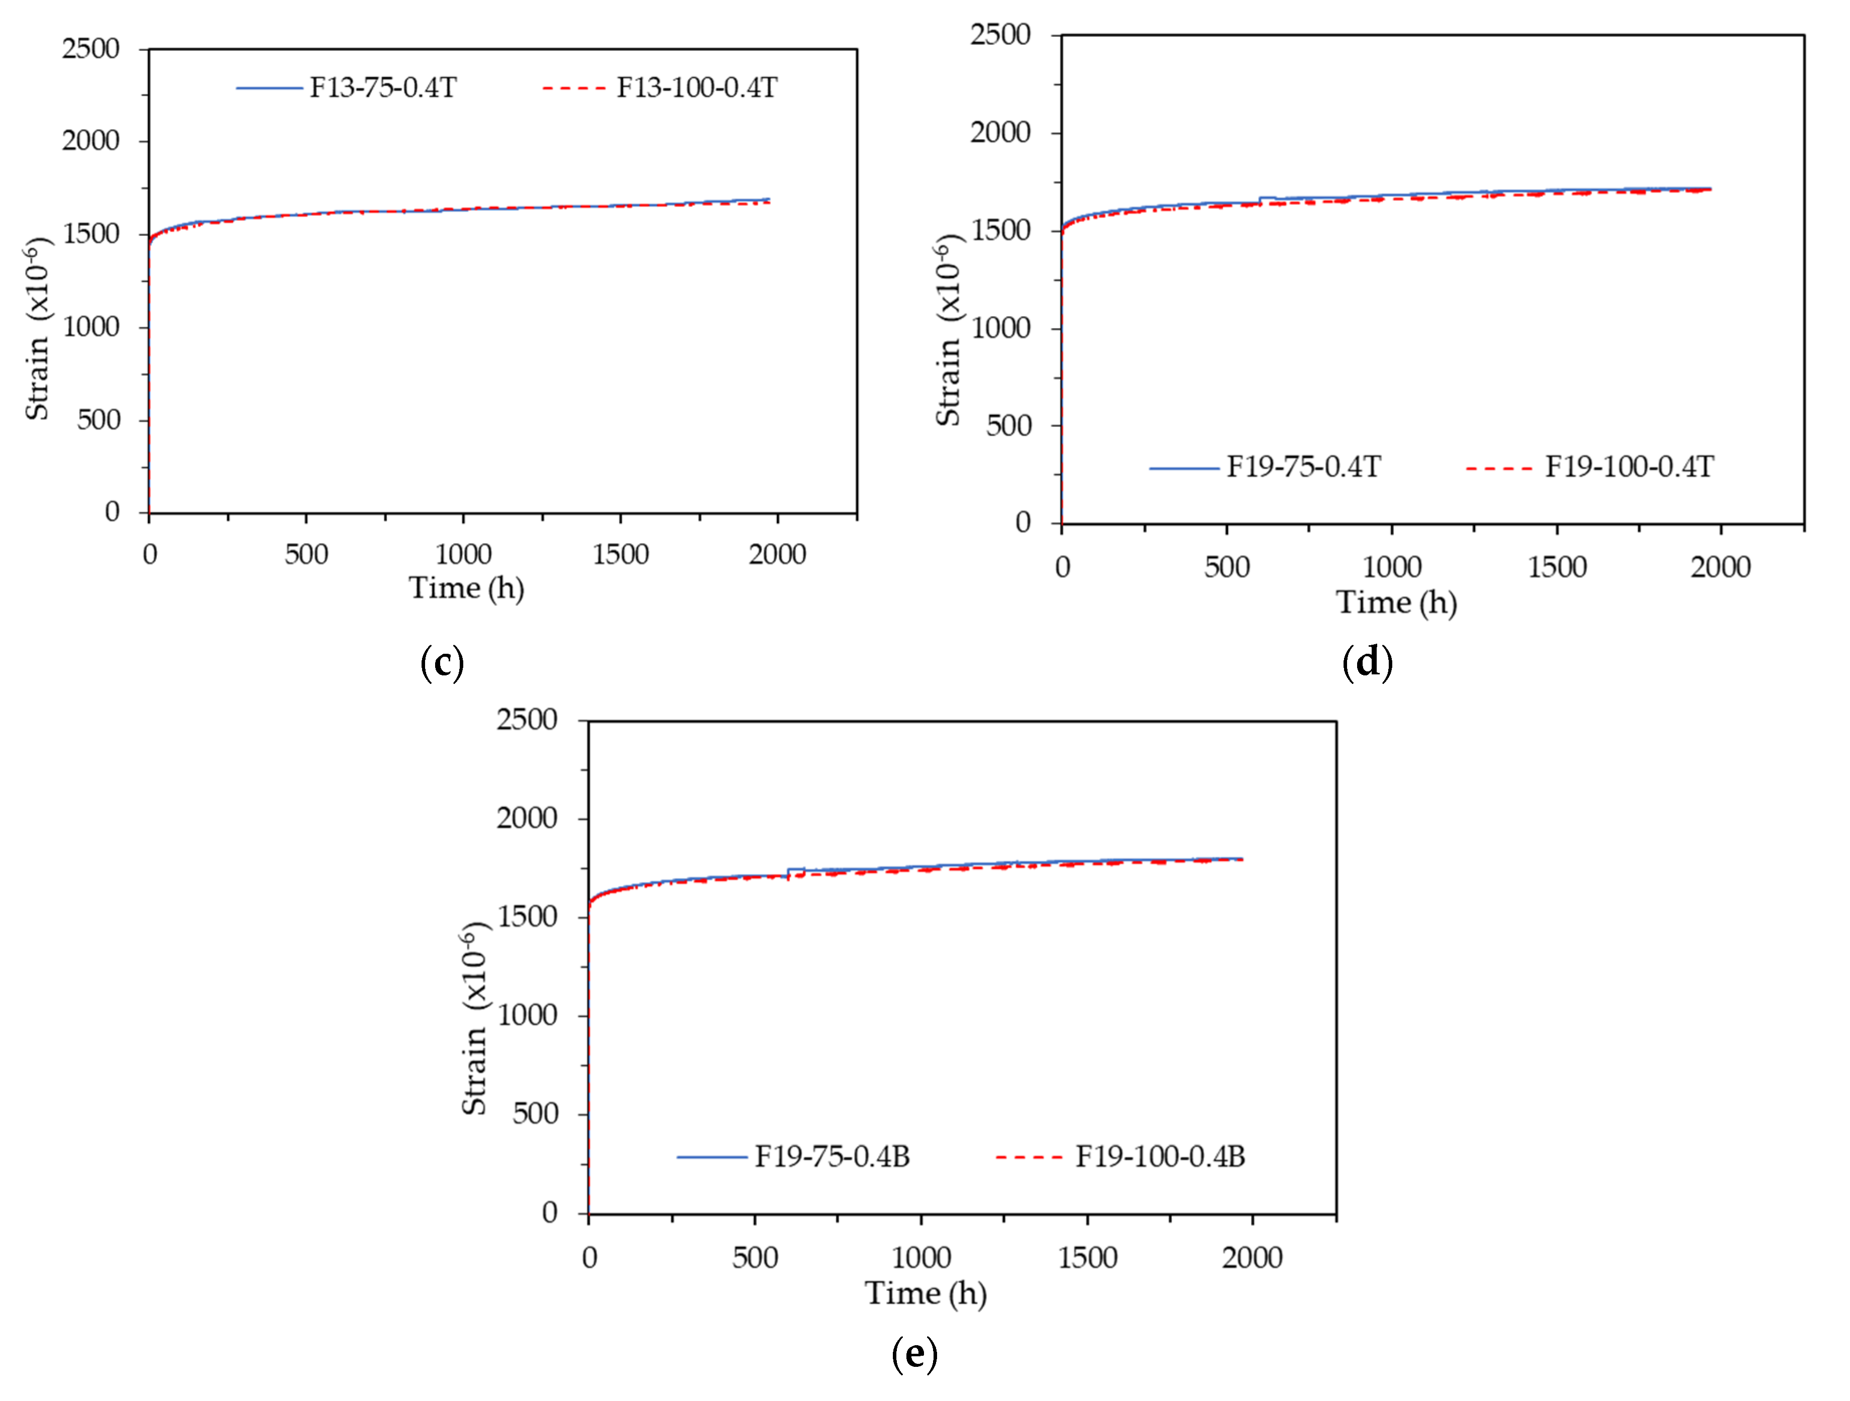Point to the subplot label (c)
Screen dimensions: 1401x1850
pyautogui.click(x=442, y=662)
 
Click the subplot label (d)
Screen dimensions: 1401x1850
pyautogui.click(x=1367, y=662)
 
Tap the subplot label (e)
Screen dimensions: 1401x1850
pyautogui.click(x=914, y=1353)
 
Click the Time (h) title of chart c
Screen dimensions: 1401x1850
pyautogui.click(x=466, y=588)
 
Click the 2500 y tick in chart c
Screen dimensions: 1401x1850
pyautogui.click(x=90, y=49)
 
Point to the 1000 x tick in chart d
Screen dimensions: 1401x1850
pyautogui.click(x=1392, y=567)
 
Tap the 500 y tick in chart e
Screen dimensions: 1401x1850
pyautogui.click(x=535, y=1114)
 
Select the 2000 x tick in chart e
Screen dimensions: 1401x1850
pyautogui.click(x=1252, y=1258)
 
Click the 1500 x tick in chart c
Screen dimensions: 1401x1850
pyautogui.click(x=621, y=555)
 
